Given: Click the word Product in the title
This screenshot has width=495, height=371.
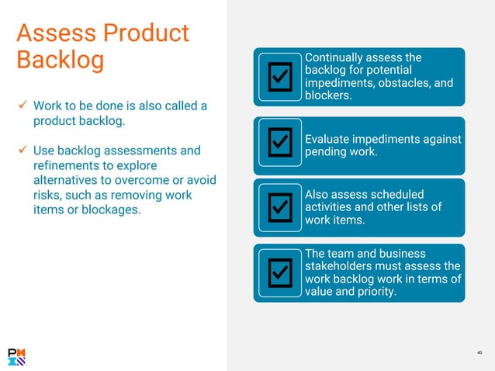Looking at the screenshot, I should pyautogui.click(x=145, y=33).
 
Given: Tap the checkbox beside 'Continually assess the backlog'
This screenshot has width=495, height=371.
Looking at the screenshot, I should pyautogui.click(x=279, y=76).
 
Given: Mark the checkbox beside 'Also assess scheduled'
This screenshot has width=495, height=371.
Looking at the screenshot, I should pyautogui.click(x=279, y=207).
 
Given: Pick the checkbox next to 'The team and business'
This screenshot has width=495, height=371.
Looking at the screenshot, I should pyautogui.click(x=279, y=271).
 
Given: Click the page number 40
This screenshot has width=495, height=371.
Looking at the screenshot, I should pyautogui.click(x=479, y=353).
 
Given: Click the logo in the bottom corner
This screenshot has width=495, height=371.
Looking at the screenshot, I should pyautogui.click(x=16, y=356).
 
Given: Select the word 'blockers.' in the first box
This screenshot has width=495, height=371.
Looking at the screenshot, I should pyautogui.click(x=329, y=96).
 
